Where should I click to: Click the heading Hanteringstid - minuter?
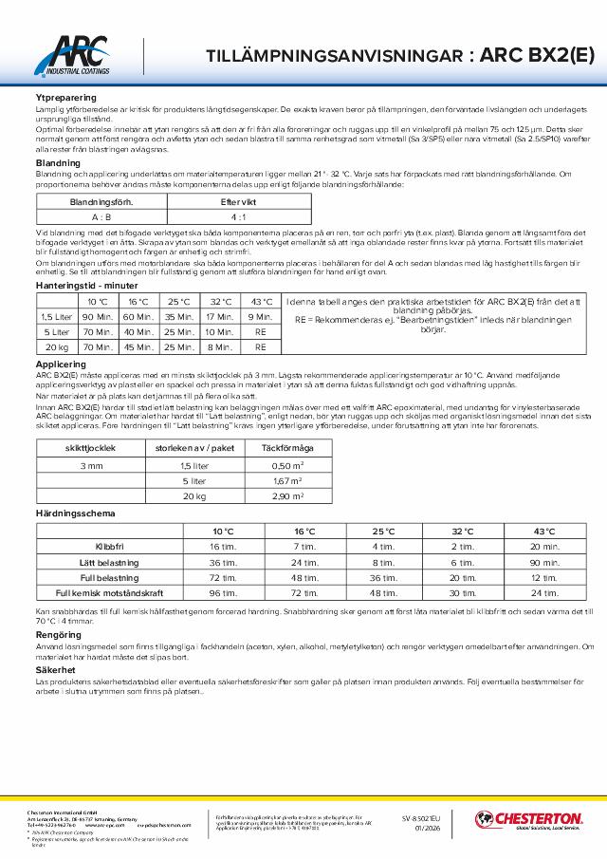pyautogui.click(x=86, y=285)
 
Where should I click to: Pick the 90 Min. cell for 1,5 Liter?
pyautogui.click(x=98, y=315)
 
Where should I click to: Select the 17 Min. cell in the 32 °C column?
pyautogui.click(x=219, y=315)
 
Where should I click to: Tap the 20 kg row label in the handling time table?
pyautogui.click(x=54, y=347)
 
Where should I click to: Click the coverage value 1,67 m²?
pyautogui.click(x=286, y=480)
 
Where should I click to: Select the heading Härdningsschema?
pyautogui.click(x=75, y=514)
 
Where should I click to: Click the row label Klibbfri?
pyautogui.click(x=109, y=547)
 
